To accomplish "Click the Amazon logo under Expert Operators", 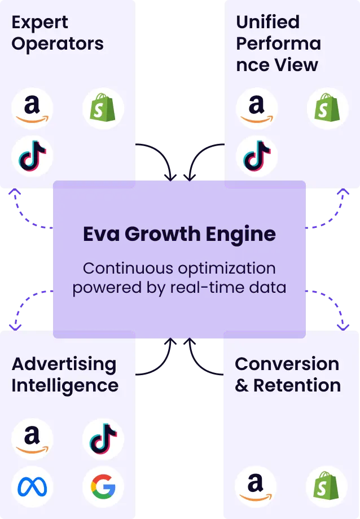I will pos(32,109).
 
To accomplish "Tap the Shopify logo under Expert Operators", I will pos(103,109).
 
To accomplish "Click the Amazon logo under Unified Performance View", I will pos(256,109).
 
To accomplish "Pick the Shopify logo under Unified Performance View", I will pos(327,109).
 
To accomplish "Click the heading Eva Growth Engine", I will pos(179,234).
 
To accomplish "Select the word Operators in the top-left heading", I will pos(58,44).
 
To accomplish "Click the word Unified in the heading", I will pos(267,23).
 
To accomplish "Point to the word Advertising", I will pos(64,364).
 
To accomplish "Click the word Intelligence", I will pos(65,386).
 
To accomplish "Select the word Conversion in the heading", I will pos(287,364).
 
